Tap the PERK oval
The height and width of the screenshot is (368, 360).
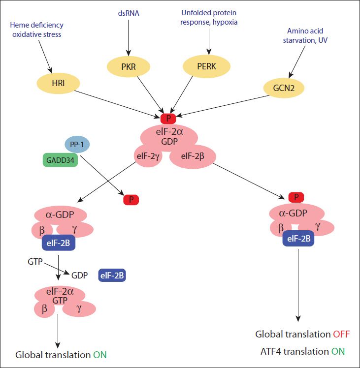pyautogui.click(x=206, y=66)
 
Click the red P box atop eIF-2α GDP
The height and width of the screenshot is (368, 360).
pyautogui.click(x=168, y=118)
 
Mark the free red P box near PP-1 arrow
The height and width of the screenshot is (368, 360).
pyautogui.click(x=131, y=200)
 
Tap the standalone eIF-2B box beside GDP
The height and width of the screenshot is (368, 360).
pyautogui.click(x=112, y=276)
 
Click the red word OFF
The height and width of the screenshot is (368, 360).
pyautogui.click(x=341, y=334)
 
